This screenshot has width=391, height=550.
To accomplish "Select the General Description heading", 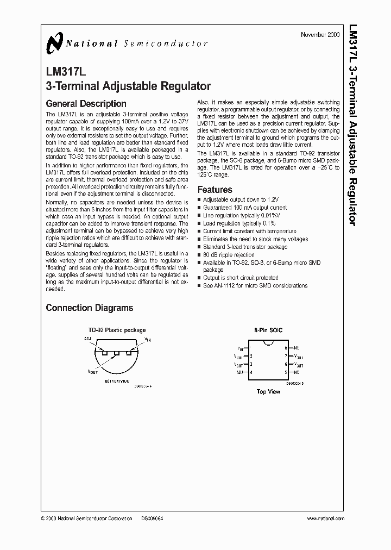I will click(86, 103).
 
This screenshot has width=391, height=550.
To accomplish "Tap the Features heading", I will click(215, 190).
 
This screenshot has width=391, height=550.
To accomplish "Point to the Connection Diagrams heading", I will click(89, 308).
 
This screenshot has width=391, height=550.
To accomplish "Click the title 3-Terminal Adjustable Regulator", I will click(128, 85).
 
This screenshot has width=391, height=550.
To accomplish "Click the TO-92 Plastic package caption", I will click(117, 330).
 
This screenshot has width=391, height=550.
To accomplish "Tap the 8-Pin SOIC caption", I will click(268, 330).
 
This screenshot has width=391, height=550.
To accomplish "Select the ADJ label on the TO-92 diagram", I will click(88, 338).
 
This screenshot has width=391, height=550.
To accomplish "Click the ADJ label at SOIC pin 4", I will click(240, 372).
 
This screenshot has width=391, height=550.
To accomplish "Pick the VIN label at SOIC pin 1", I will click(240, 348).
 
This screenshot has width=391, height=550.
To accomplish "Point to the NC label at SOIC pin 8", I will click(297, 347).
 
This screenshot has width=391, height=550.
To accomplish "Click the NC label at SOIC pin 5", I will click(297, 372).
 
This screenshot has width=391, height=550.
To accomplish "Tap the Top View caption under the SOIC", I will click(268, 391).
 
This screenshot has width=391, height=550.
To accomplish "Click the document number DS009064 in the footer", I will click(152, 519).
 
